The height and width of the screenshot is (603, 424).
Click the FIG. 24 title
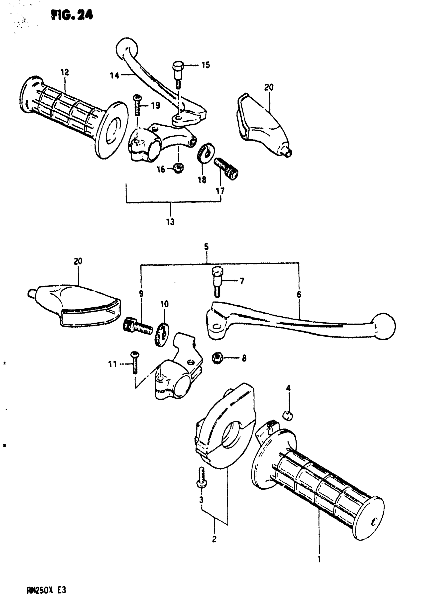coord(72,15)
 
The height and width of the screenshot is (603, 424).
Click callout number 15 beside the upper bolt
coord(206,65)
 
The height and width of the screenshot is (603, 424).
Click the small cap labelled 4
coord(288,415)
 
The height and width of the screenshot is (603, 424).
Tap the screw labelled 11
coord(135,363)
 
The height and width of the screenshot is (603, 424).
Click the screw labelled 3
coord(202,477)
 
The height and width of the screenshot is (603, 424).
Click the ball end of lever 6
coord(384,326)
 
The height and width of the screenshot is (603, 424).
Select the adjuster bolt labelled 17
coord(226,168)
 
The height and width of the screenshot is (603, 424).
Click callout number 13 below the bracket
coord(170,222)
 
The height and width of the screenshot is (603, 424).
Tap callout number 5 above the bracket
coord(206,247)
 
